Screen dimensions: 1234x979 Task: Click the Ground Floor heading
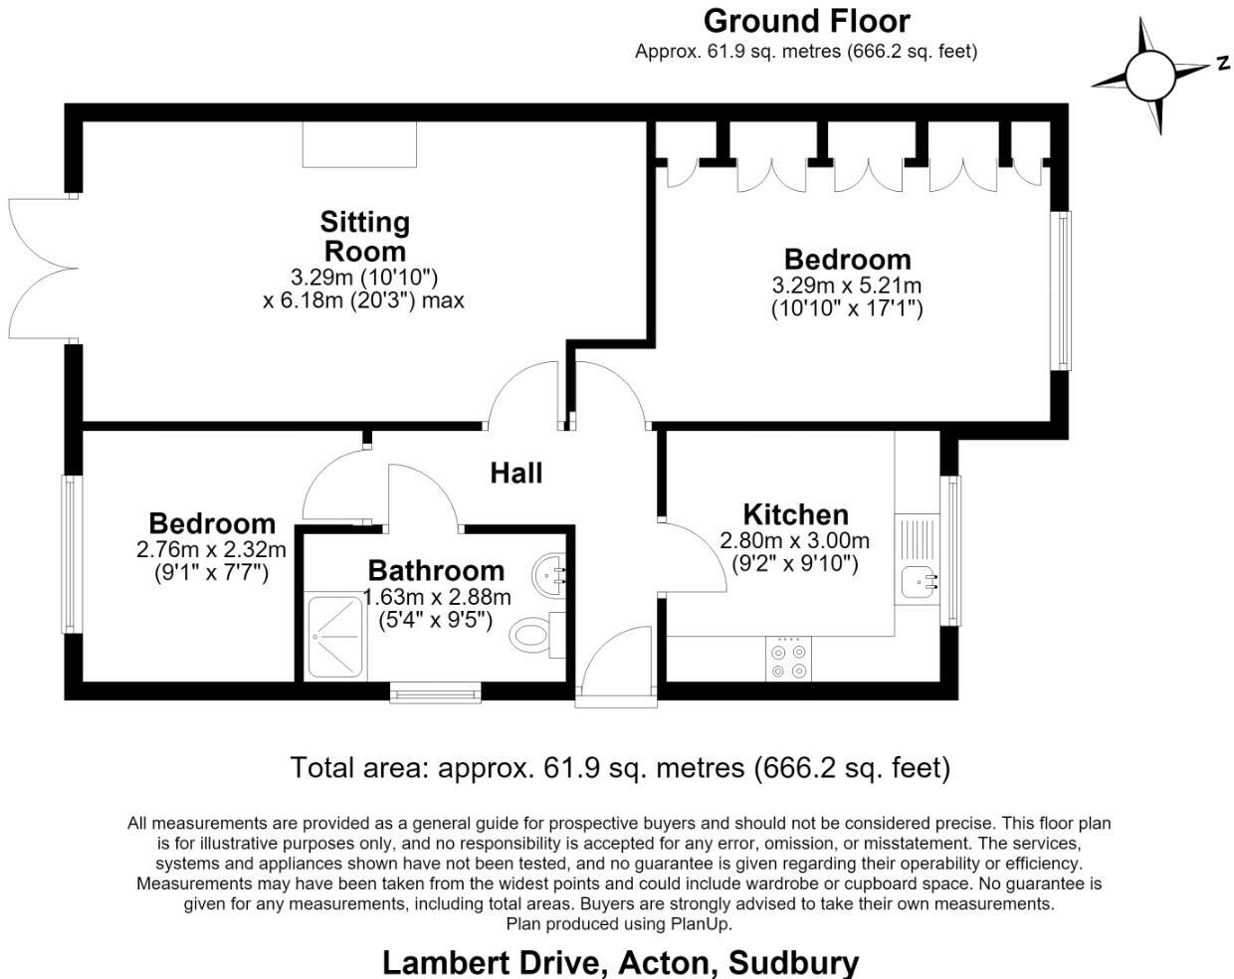pyautogui.click(x=806, y=22)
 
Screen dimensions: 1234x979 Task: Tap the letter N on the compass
pyautogui.click(x=1224, y=62)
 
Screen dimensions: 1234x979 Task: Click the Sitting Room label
pyautogui.click(x=364, y=236)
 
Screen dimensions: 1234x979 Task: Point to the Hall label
pyautogui.click(x=516, y=474)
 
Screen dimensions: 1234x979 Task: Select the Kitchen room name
pyautogui.click(x=796, y=514)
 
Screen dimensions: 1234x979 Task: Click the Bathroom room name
pyautogui.click(x=436, y=571)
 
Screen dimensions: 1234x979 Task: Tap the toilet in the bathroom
pyautogui.click(x=537, y=635)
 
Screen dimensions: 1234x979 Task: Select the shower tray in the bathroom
pyautogui.click(x=335, y=637)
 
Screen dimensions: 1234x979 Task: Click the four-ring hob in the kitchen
pyautogui.click(x=788, y=659)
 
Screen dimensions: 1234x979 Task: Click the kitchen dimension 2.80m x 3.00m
pyautogui.click(x=795, y=540)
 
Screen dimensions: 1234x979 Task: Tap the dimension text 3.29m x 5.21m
pyautogui.click(x=847, y=286)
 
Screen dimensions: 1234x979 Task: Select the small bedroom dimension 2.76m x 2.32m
pyautogui.click(x=211, y=549)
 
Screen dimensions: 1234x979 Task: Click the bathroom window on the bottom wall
pyautogui.click(x=435, y=691)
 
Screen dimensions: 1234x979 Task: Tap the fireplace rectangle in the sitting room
pyautogui.click(x=359, y=144)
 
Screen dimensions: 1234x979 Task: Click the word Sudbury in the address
pyautogui.click(x=793, y=964)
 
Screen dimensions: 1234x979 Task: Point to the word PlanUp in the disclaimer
pyautogui.click(x=702, y=924)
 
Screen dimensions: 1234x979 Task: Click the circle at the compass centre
pyautogui.click(x=1149, y=76)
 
